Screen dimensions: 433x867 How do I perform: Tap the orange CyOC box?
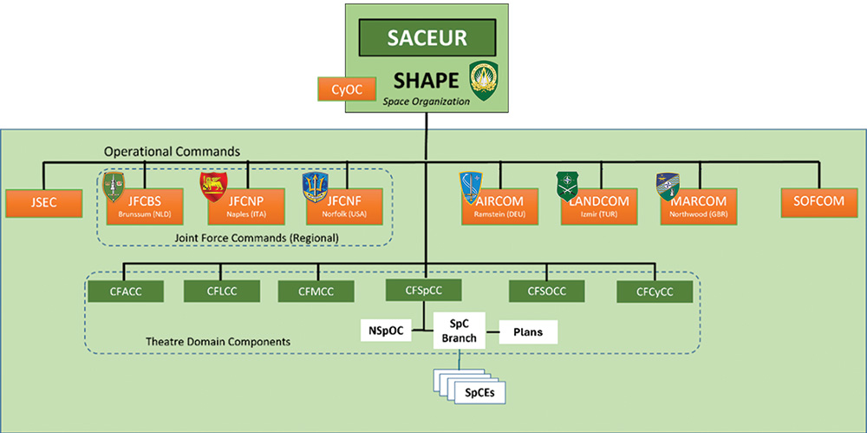[x=346, y=89]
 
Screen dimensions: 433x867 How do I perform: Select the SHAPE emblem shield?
[x=483, y=81]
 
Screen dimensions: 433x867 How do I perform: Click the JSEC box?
[x=42, y=204]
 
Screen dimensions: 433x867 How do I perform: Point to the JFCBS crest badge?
[x=114, y=187]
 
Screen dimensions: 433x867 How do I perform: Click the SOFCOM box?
[x=818, y=204]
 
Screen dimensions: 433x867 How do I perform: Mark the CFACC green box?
[x=126, y=290]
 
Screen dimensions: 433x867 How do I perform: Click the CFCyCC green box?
[x=655, y=292]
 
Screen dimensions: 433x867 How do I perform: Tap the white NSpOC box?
[x=384, y=331]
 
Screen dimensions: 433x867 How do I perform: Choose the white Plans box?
[x=527, y=331]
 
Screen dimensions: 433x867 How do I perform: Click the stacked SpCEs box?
[x=473, y=392]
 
